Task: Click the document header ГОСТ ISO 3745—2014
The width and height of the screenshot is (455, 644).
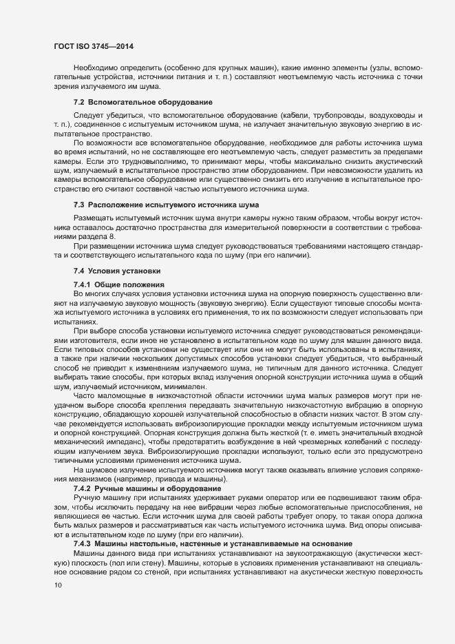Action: pyautogui.click(x=93, y=46)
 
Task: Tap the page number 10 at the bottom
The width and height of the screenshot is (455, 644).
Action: pyautogui.click(x=58, y=585)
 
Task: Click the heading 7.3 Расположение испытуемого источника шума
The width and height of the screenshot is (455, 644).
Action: pyautogui.click(x=166, y=205)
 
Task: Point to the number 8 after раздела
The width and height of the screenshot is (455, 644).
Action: pyautogui.click(x=114, y=236)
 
